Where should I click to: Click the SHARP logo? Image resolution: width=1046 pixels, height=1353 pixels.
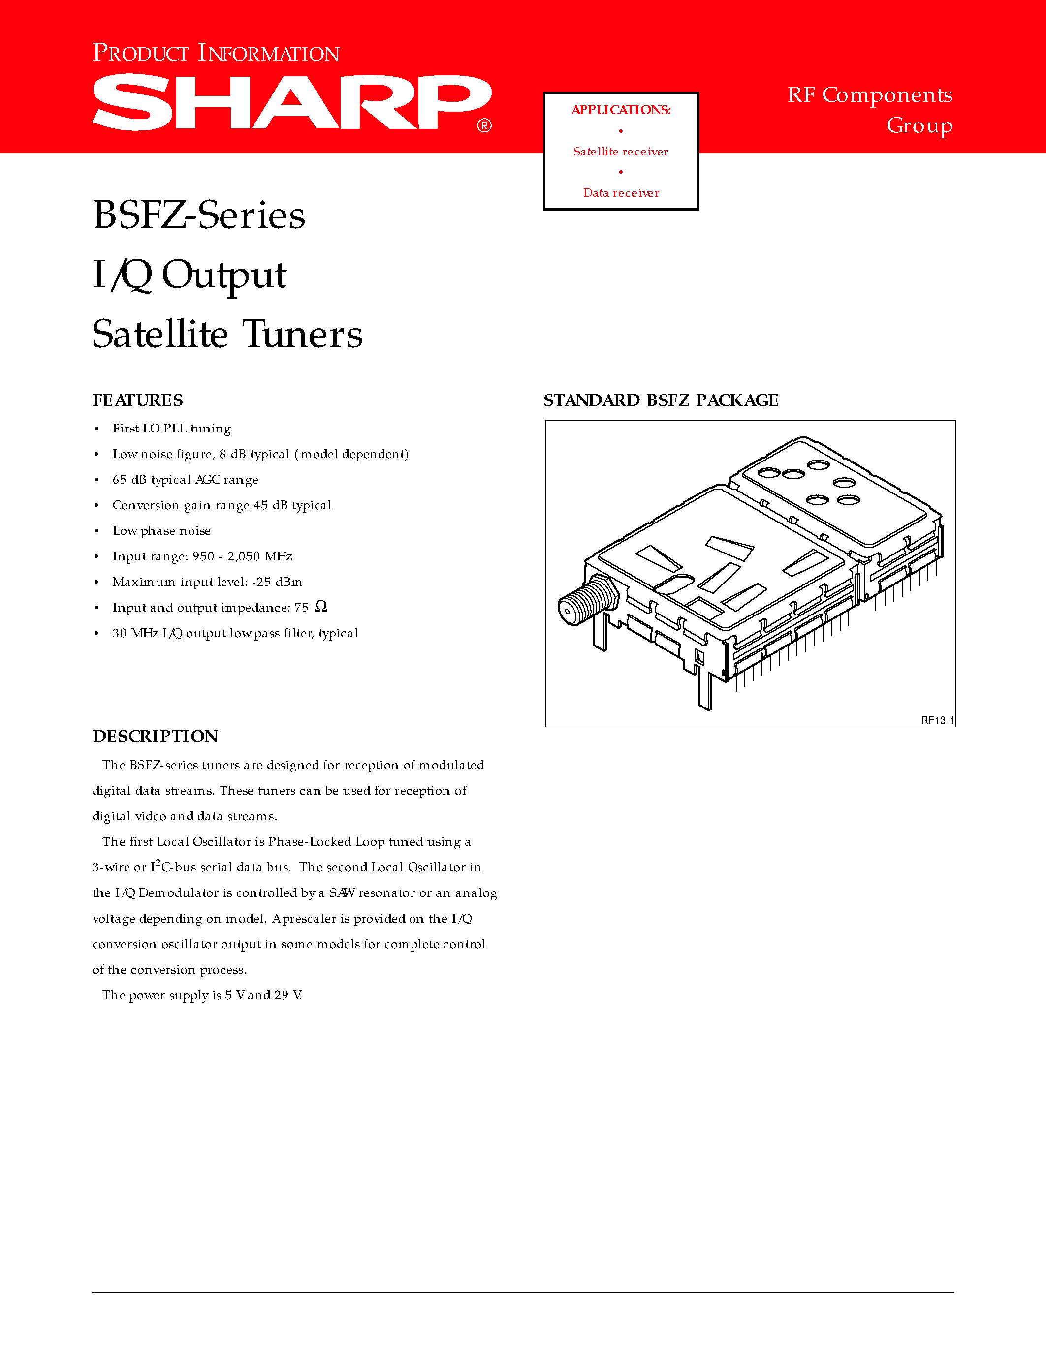291,102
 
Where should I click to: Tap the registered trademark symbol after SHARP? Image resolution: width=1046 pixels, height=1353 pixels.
484,126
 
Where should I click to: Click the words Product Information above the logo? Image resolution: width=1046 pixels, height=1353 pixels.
216,53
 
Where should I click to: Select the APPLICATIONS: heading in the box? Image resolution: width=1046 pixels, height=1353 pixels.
621,110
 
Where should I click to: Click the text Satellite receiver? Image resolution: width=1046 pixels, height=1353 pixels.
621,152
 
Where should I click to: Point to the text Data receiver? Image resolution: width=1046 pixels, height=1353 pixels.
621,193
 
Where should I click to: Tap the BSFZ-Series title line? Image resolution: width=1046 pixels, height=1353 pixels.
199,215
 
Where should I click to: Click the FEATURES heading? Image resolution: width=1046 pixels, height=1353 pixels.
137,400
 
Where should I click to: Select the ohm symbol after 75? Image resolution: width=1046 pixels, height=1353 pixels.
320,607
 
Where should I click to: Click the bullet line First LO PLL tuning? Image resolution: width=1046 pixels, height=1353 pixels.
172,429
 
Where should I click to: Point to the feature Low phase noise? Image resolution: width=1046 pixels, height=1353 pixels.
161,531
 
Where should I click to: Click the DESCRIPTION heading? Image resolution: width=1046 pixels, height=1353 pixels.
155,736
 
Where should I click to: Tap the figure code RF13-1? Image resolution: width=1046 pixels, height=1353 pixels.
937,720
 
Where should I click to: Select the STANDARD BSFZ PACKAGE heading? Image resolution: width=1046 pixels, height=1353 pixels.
661,400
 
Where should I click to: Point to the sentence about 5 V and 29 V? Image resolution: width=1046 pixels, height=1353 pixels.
202,995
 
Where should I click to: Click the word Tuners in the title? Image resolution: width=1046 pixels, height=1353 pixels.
302,335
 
